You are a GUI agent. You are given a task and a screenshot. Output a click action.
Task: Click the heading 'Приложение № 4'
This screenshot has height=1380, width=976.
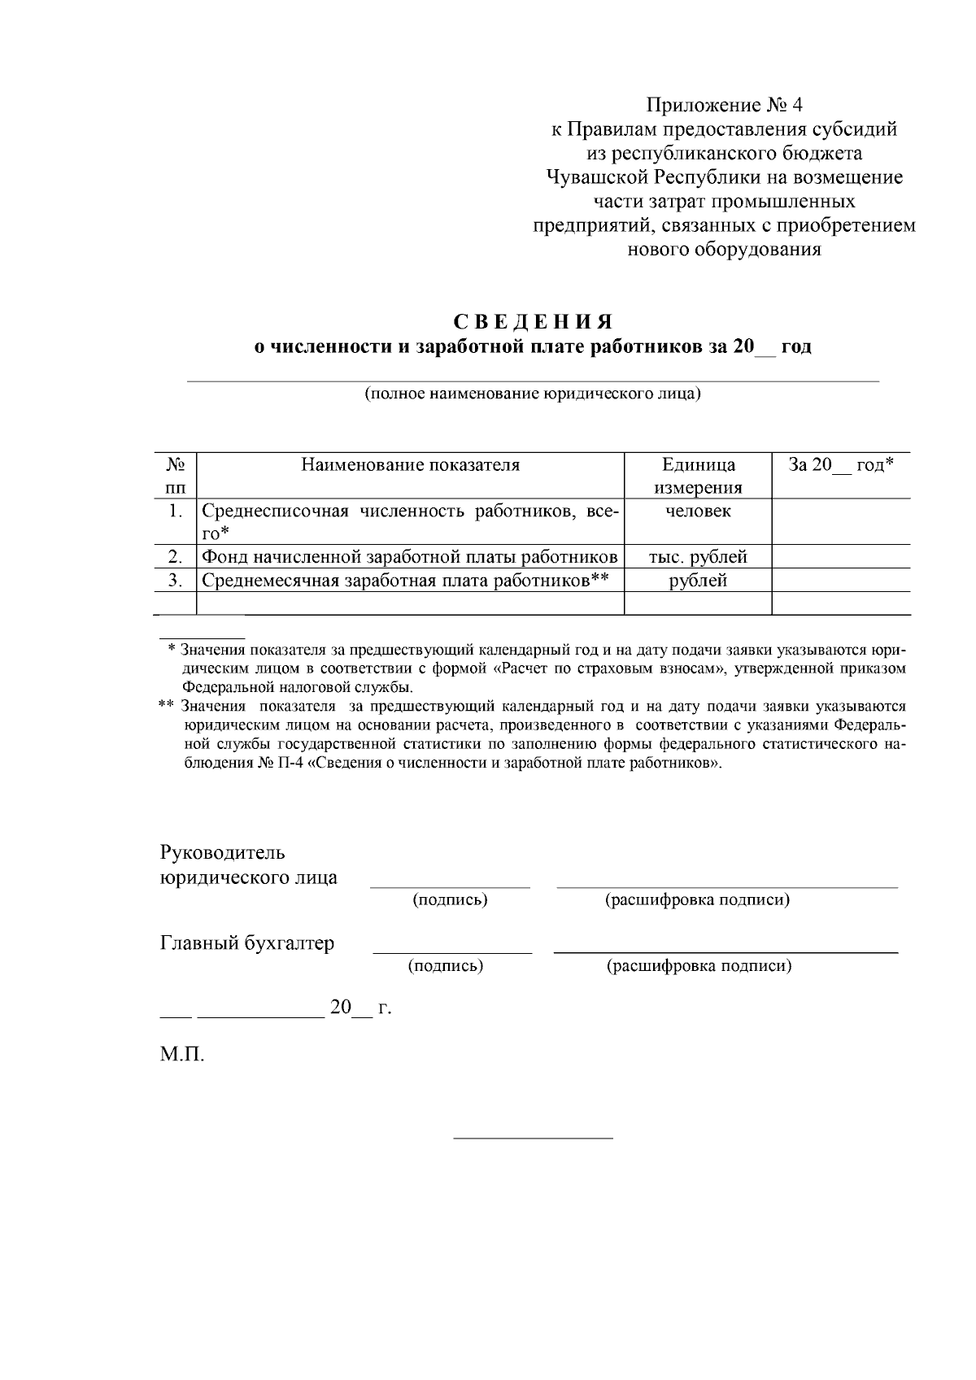click(x=723, y=105)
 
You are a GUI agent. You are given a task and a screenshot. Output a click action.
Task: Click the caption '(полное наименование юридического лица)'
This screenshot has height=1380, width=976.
click(x=533, y=394)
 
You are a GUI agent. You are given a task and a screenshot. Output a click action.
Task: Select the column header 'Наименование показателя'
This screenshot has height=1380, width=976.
click(x=410, y=465)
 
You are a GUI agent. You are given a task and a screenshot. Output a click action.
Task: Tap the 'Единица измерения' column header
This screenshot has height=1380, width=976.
click(x=698, y=476)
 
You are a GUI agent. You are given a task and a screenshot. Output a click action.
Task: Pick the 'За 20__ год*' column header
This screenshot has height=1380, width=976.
click(x=841, y=465)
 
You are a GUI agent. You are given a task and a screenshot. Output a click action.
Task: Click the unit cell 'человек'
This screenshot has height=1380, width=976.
click(x=698, y=511)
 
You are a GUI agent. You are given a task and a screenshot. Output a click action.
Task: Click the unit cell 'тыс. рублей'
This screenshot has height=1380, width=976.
click(x=698, y=557)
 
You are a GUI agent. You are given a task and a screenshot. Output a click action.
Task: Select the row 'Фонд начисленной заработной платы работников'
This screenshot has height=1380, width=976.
click(x=410, y=557)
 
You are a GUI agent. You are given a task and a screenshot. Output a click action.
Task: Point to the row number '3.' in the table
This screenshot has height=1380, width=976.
click(x=174, y=581)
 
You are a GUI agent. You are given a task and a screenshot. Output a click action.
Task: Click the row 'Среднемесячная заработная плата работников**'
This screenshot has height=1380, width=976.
click(x=405, y=581)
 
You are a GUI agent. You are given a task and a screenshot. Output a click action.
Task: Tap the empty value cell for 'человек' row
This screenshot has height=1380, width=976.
click(x=841, y=521)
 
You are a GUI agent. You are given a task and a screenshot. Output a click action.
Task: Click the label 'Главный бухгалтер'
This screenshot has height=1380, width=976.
click(x=247, y=943)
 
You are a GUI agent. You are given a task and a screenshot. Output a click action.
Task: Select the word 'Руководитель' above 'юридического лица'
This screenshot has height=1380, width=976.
click(x=223, y=853)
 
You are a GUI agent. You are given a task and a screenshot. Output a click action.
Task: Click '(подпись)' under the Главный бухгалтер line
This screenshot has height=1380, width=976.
click(x=446, y=966)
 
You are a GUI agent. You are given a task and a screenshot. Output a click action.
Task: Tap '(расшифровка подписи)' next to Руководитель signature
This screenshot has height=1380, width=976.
click(x=697, y=900)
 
